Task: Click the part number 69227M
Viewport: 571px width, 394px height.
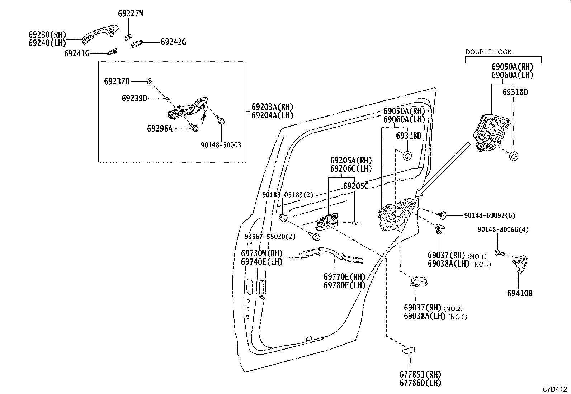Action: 131,14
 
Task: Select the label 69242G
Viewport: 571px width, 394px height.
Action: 173,42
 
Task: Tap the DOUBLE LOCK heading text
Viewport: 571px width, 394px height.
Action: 489,52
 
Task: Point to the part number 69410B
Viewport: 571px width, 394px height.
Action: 520,293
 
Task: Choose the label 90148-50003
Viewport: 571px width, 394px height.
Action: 221,145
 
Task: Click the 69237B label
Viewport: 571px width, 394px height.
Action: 117,81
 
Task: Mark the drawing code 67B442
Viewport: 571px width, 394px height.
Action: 555,389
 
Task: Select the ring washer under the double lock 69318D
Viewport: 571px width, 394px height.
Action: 514,156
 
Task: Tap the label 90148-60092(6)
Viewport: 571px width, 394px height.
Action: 490,215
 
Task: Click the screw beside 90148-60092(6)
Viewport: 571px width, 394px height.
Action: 442,215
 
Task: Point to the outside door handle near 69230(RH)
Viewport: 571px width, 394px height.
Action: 100,33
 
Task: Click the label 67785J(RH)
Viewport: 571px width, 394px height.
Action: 420,374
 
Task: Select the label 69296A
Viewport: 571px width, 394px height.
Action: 160,128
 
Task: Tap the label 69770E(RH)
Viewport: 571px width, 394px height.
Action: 344,277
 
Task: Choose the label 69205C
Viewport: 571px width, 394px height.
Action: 356,186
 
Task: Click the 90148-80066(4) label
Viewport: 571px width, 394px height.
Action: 503,229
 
